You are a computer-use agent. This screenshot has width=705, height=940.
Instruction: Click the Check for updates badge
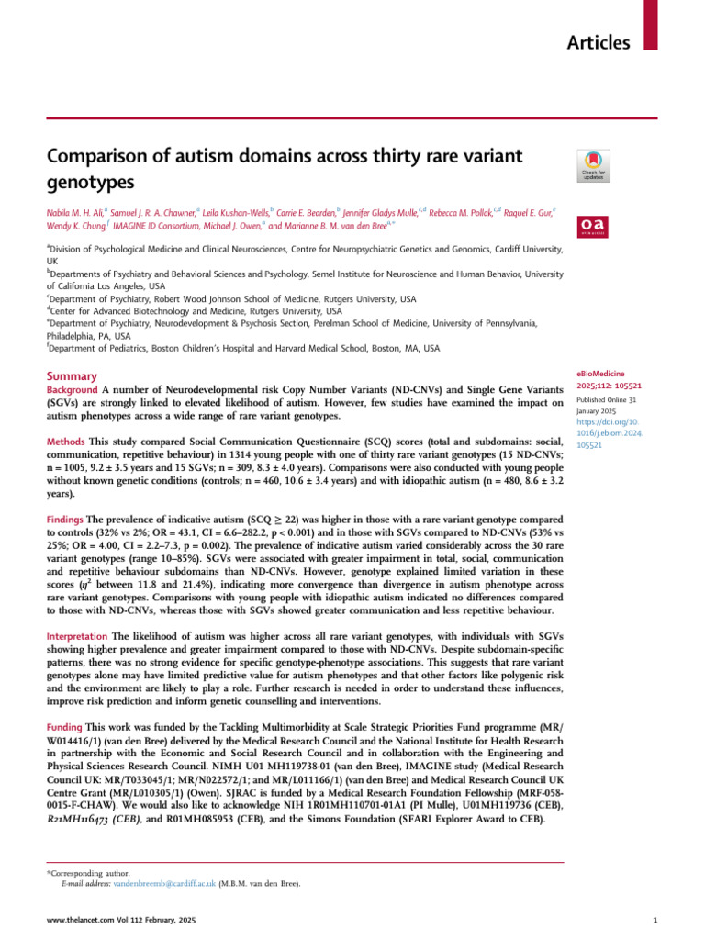pos(590,163)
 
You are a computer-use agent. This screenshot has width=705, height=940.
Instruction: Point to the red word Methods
pos(65,442)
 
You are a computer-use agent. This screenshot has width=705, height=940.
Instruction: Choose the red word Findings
pos(66,519)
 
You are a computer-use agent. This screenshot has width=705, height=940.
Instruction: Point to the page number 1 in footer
pos(654,919)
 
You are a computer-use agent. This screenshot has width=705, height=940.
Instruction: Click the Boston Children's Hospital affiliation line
pos(243,348)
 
